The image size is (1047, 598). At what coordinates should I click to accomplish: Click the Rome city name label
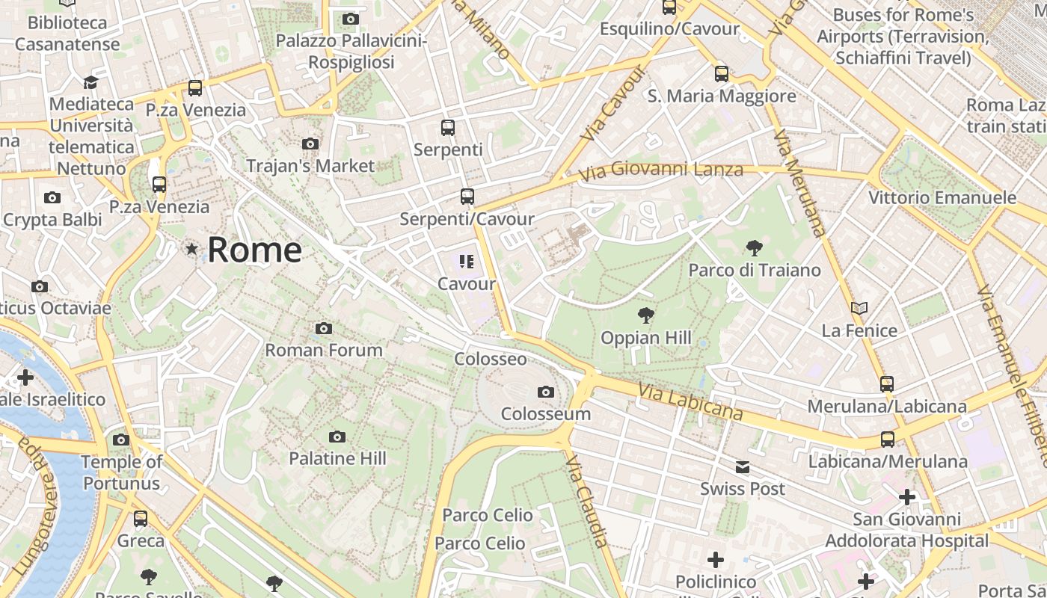pos(254,250)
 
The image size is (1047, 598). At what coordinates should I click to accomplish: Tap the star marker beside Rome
pos(192,249)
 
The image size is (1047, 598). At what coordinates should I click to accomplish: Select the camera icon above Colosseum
pos(546,392)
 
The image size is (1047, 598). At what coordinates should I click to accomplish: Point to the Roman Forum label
pos(324,350)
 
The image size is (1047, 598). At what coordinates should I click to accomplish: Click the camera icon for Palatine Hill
pos(337,437)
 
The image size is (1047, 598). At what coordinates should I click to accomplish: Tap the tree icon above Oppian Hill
pos(645,315)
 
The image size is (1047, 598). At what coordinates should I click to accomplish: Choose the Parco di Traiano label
pos(755,270)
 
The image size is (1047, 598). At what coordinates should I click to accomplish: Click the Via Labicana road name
pos(691,402)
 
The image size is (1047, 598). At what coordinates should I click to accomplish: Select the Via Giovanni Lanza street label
pos(661,171)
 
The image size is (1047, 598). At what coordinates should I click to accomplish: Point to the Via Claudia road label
pos(586,502)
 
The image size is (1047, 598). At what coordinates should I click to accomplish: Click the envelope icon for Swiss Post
pos(742,467)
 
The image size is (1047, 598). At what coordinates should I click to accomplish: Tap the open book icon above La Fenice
pos(859,308)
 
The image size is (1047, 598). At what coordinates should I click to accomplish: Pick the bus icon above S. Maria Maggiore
pos(721,74)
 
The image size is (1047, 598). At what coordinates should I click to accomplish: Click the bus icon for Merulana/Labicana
pos(887,384)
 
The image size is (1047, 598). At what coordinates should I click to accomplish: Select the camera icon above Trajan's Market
pos(310,144)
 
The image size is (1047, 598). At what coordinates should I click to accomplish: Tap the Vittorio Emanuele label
pos(942,198)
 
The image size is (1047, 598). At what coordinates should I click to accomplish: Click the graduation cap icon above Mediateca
pos(90,82)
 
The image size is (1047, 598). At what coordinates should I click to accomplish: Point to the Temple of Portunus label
pos(121,472)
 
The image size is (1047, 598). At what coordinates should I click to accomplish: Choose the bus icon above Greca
pos(141,519)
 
